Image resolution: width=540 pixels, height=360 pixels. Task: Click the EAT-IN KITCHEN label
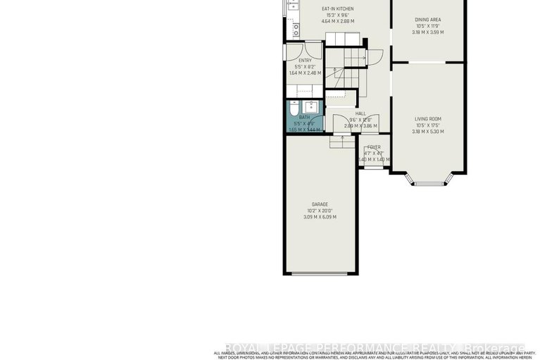(337, 8)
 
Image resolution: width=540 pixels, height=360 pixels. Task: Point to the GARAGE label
(320, 204)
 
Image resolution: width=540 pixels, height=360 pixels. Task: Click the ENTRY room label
(304, 61)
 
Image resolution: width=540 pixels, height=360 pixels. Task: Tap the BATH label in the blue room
(304, 118)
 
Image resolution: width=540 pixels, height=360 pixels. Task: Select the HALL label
(360, 113)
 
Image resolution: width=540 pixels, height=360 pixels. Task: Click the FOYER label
(373, 147)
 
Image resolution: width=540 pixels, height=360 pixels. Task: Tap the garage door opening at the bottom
(320, 273)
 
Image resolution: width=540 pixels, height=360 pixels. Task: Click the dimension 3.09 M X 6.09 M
(320, 217)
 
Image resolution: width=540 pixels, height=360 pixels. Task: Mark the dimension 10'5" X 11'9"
(428, 27)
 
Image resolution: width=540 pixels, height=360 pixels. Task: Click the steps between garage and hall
(342, 141)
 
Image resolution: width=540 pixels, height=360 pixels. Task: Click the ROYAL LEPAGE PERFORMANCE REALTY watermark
(373, 348)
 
